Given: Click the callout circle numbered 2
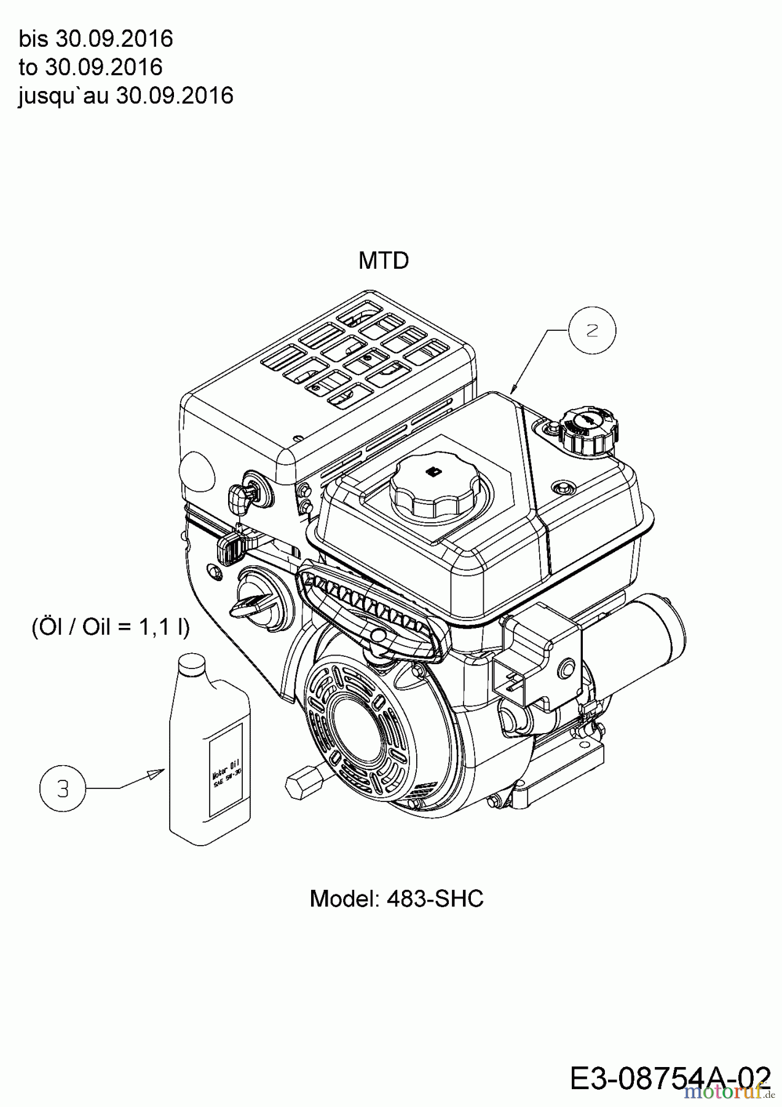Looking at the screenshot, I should point(591,330).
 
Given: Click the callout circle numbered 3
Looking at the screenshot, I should point(63,788).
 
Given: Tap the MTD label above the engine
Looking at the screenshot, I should point(384,261).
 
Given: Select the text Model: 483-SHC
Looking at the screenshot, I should point(397,899).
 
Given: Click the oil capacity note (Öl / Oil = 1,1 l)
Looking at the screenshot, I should point(111,627).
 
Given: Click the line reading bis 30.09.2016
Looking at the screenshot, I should point(96,39).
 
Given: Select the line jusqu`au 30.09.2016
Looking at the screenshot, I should point(126,95).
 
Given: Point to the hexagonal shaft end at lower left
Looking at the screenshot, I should point(301,785).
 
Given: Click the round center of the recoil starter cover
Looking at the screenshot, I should point(363,726).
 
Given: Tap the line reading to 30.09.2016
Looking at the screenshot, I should point(90,67).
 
